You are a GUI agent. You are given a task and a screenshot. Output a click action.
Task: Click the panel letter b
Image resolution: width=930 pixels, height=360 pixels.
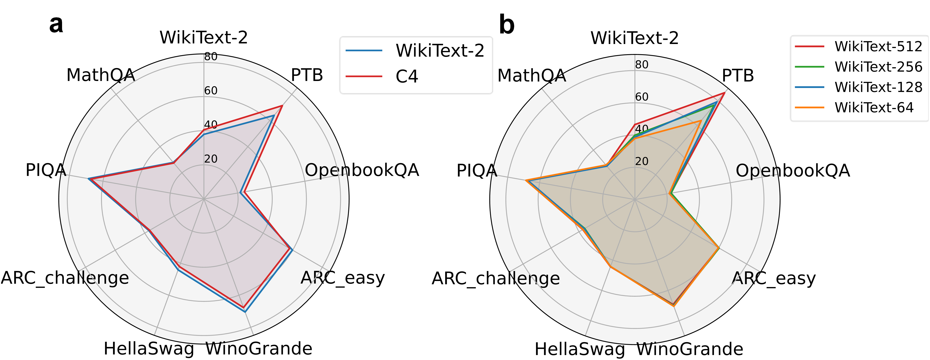click(506, 25)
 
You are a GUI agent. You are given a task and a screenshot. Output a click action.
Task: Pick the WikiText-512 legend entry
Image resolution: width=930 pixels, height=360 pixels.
click(878, 46)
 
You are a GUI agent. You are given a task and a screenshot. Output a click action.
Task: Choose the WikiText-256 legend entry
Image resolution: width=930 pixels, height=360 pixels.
click(878, 67)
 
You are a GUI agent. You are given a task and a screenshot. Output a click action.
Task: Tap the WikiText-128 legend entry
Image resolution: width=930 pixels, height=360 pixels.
click(878, 87)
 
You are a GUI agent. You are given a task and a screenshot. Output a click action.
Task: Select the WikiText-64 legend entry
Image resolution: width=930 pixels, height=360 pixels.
click(874, 108)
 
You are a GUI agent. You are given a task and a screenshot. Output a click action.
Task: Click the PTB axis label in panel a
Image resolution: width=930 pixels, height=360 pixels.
click(307, 75)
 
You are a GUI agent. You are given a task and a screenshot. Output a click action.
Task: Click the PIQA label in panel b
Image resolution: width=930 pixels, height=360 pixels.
click(477, 170)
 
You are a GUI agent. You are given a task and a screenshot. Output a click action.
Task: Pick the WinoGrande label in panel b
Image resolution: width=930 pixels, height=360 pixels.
click(690, 349)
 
